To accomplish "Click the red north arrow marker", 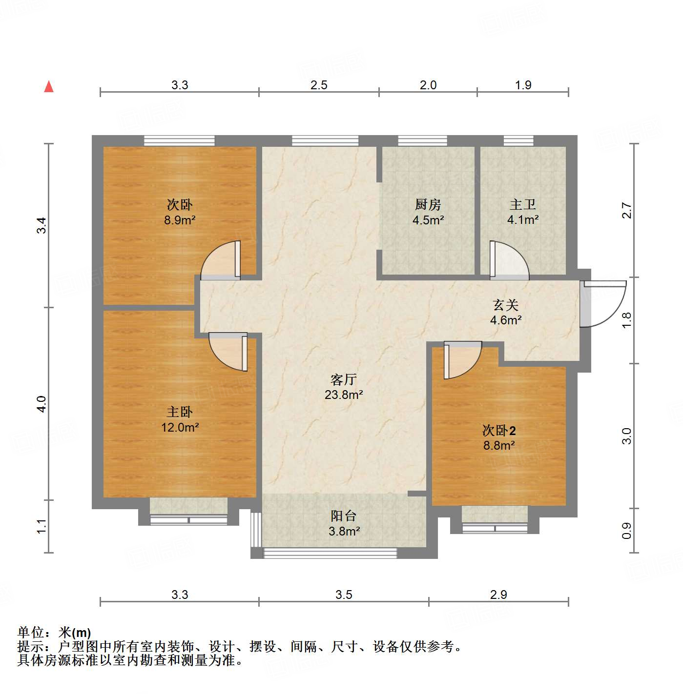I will click(49, 86).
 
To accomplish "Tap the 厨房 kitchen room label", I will click(428, 204).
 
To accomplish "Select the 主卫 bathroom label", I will click(522, 204).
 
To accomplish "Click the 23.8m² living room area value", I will click(344, 395).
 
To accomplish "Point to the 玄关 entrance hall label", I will click(505, 305).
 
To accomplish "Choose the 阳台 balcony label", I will click(344, 516).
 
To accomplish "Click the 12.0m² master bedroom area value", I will click(180, 427).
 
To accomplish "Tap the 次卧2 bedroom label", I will click(499, 430).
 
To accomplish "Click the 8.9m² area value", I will click(180, 220).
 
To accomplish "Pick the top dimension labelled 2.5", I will click(319, 85).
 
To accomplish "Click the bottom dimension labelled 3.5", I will click(344, 595).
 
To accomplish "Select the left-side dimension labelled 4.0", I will click(42, 404).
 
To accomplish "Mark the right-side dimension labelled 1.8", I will click(627, 320).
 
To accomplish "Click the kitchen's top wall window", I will click(422, 141).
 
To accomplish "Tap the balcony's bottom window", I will click(330, 553).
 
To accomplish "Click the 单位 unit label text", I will click(31, 633).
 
